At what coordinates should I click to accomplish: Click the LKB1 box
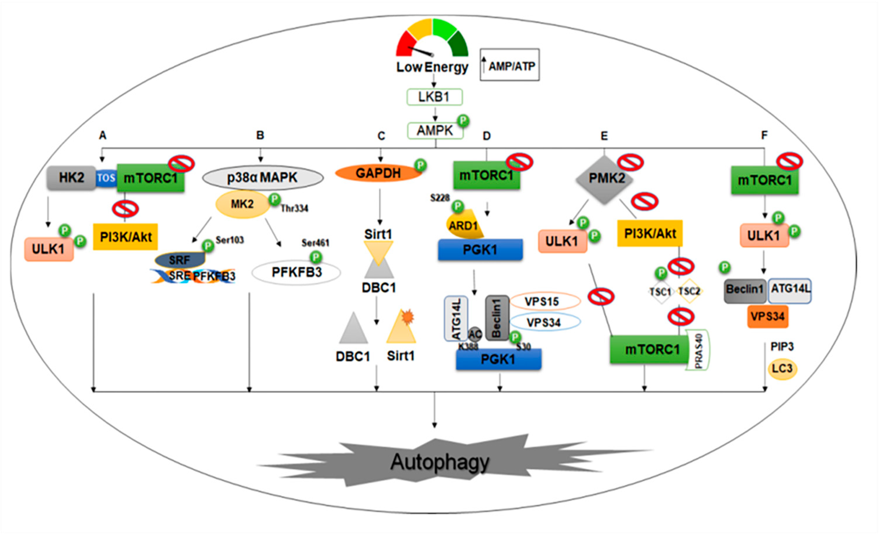434,97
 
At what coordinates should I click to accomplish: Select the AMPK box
435,130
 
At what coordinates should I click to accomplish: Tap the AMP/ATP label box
510,65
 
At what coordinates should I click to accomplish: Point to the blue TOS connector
106,178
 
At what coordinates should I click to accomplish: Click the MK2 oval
242,204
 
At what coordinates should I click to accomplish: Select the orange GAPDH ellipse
378,173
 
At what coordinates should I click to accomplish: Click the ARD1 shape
463,226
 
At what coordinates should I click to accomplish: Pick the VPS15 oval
545,301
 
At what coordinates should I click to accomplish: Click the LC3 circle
782,369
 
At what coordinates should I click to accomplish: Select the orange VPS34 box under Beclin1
768,316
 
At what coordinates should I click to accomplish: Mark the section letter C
381,136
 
